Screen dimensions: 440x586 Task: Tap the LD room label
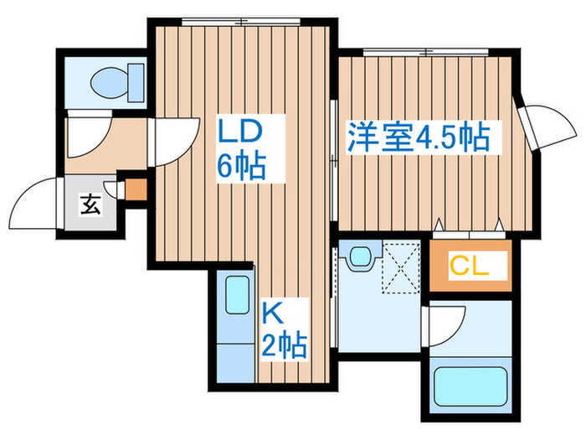(241, 132)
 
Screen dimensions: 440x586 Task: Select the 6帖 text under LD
(241, 166)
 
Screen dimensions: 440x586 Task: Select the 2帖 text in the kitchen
(283, 344)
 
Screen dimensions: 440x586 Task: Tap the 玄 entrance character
(90, 204)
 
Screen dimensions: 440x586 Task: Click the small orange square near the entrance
(134, 188)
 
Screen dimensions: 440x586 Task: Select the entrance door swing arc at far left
(33, 205)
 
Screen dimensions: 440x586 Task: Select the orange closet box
(469, 267)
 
